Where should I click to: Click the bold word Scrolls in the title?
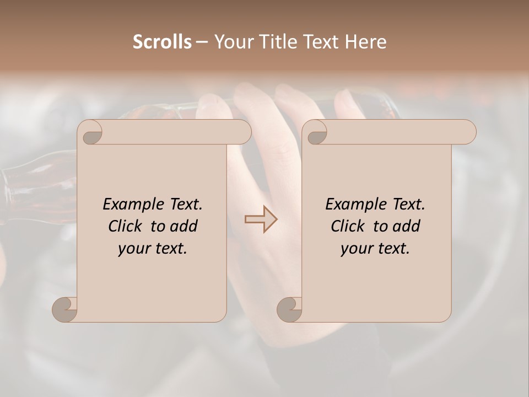click(x=162, y=42)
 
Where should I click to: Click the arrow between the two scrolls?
click(x=261, y=219)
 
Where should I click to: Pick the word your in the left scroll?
click(x=131, y=249)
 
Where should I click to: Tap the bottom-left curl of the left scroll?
click(x=65, y=309)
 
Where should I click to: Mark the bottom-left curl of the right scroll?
click(x=289, y=309)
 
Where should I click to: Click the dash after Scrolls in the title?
click(x=202, y=42)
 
